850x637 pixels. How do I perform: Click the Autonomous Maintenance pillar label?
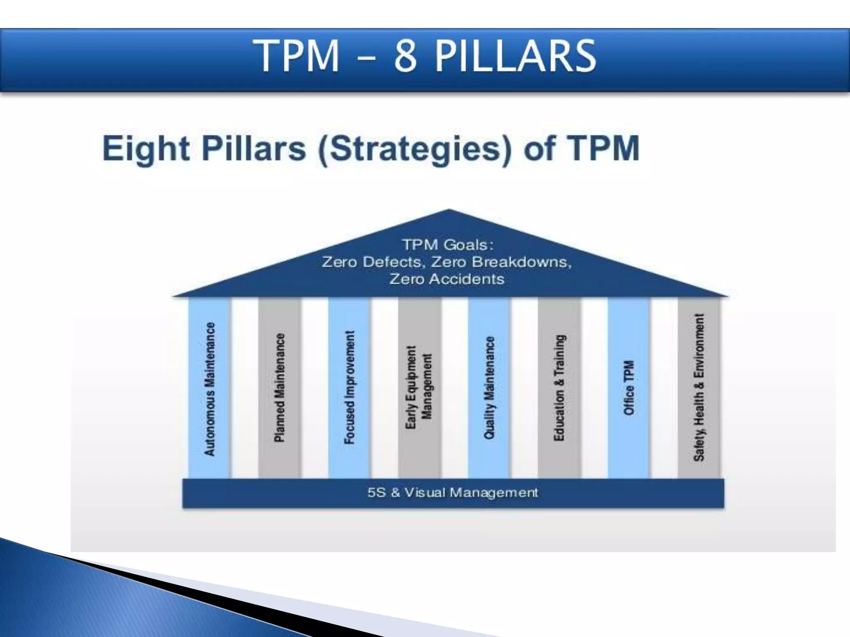pyautogui.click(x=210, y=389)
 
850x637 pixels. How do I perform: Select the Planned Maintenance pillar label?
pyautogui.click(x=280, y=387)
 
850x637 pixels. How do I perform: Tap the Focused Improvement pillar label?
pyautogui.click(x=350, y=387)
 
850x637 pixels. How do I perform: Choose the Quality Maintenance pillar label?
pyautogui.click(x=490, y=387)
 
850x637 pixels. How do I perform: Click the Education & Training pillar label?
pyautogui.click(x=559, y=387)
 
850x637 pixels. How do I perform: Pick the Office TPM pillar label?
pyautogui.click(x=629, y=387)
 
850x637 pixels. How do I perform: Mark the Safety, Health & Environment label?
pyautogui.click(x=699, y=387)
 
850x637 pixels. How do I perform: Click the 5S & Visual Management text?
pyautogui.click(x=452, y=493)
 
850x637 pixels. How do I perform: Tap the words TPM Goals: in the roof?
pyautogui.click(x=448, y=245)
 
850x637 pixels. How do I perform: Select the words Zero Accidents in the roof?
pyautogui.click(x=447, y=279)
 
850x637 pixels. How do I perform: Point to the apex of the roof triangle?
pyautogui.click(x=449, y=210)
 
